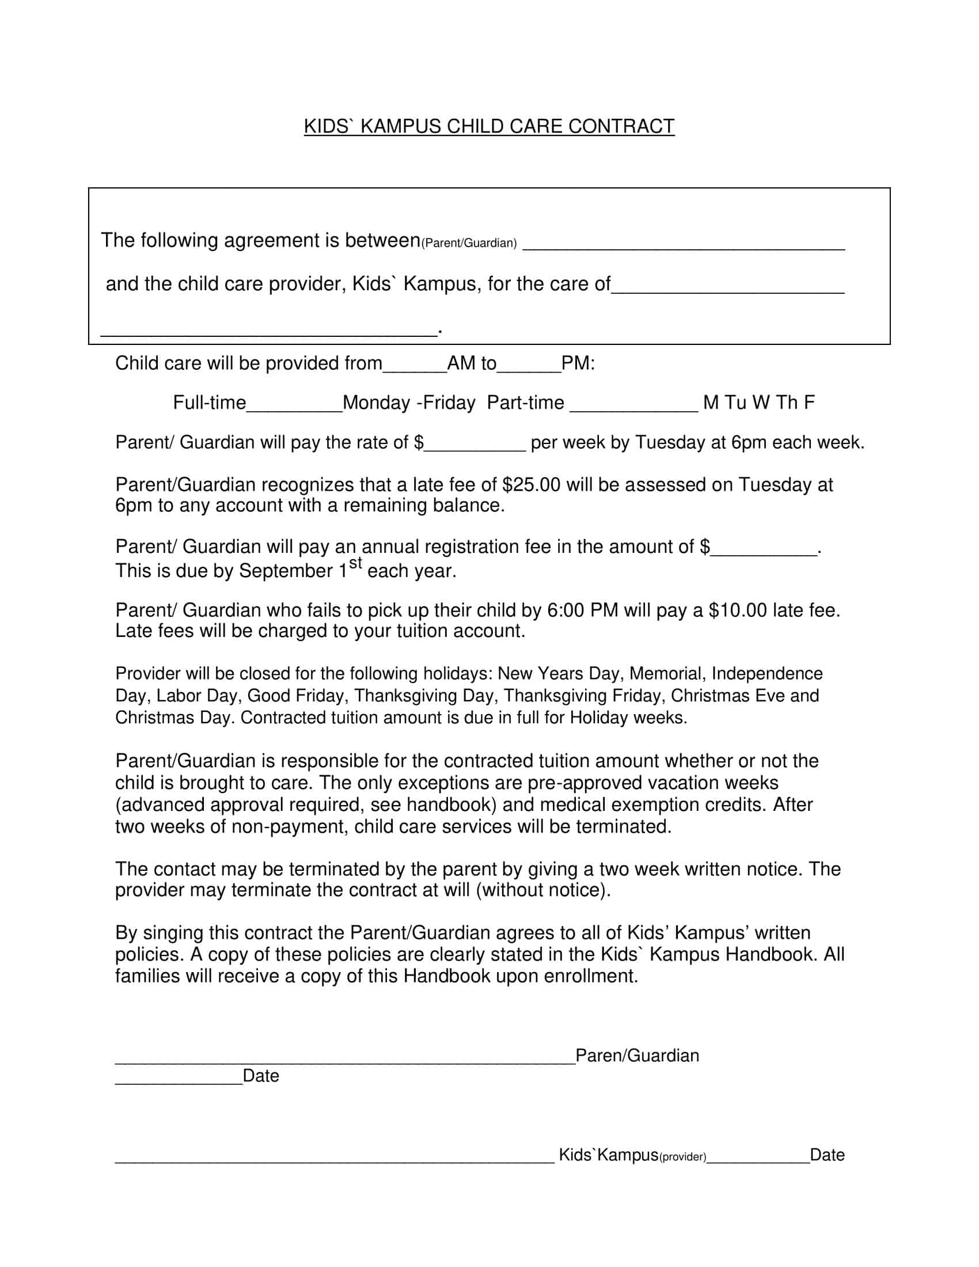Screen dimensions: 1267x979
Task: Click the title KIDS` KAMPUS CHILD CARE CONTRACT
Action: tap(489, 127)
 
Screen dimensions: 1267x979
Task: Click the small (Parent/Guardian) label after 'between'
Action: tap(469, 243)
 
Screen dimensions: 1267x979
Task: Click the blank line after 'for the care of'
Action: tap(728, 290)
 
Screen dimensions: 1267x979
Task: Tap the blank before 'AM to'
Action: tap(415, 369)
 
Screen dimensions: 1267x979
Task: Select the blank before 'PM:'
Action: tap(529, 369)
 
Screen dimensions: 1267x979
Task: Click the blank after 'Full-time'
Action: tap(294, 408)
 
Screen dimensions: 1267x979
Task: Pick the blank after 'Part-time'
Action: tap(634, 408)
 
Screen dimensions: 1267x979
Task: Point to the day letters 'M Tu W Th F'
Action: tap(758, 403)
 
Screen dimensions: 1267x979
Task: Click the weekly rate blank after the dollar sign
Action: tap(475, 448)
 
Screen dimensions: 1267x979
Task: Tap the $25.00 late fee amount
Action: tap(532, 484)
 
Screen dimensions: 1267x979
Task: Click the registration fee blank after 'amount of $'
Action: tap(763, 552)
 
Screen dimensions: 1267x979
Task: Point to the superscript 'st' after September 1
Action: tap(355, 563)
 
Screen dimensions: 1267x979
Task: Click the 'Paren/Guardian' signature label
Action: tap(637, 1055)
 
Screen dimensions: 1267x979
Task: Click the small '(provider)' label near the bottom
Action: tap(682, 1158)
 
